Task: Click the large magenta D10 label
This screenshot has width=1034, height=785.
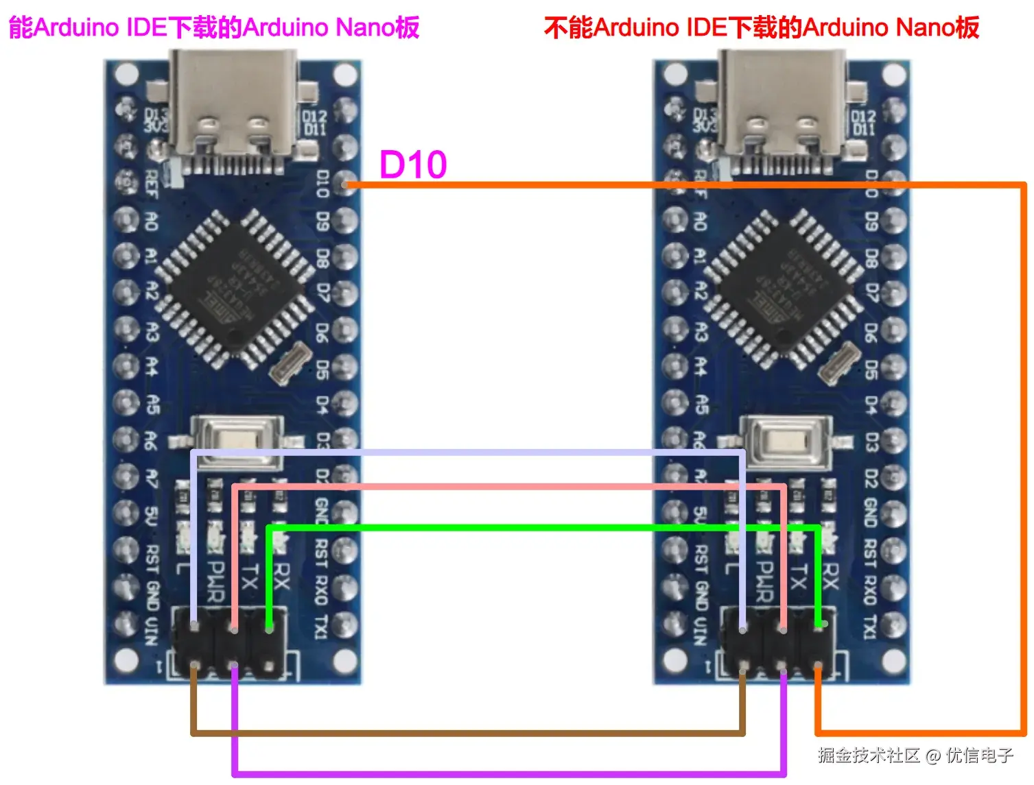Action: tap(413, 165)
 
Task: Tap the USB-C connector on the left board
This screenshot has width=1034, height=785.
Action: tap(233, 110)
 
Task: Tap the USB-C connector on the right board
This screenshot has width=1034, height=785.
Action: tap(782, 110)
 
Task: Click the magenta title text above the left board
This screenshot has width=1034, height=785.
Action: tap(213, 27)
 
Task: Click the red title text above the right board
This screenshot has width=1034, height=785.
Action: tap(761, 27)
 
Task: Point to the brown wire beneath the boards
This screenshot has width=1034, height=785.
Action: tap(467, 733)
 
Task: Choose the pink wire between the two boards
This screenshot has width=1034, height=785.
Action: tap(508, 487)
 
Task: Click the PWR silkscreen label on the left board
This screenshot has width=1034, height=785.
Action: tap(216, 581)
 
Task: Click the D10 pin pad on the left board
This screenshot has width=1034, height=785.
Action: tap(346, 184)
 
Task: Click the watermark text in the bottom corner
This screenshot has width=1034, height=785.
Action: tap(915, 756)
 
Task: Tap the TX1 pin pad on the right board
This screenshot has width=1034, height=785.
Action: tap(894, 625)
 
